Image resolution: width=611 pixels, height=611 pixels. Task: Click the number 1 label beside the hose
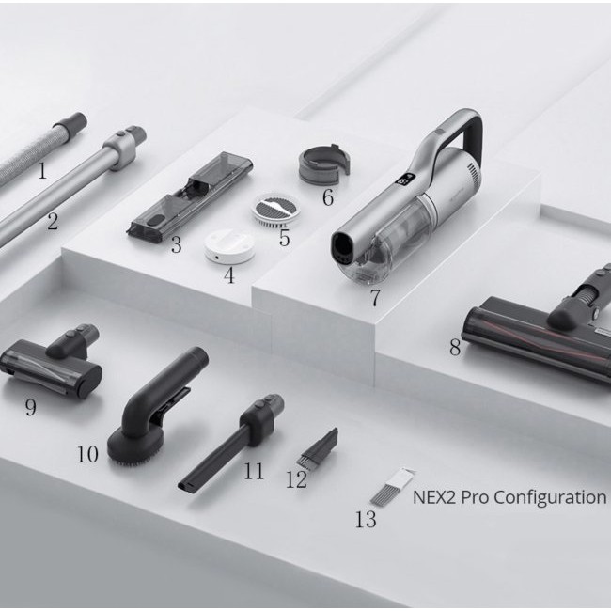coord(42,170)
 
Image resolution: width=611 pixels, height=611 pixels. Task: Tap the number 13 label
coord(366,519)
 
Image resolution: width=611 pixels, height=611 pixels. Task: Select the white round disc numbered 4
coord(229,246)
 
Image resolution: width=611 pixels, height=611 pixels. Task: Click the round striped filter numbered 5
coord(275,209)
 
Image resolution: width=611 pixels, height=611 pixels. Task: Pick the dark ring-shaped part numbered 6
coord(324,164)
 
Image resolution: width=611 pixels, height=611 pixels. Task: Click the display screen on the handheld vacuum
coord(405,180)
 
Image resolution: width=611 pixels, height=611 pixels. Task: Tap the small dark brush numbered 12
coord(318,447)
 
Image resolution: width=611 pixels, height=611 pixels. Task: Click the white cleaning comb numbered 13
coord(390,487)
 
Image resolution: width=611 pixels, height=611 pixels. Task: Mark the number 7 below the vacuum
coord(374,298)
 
